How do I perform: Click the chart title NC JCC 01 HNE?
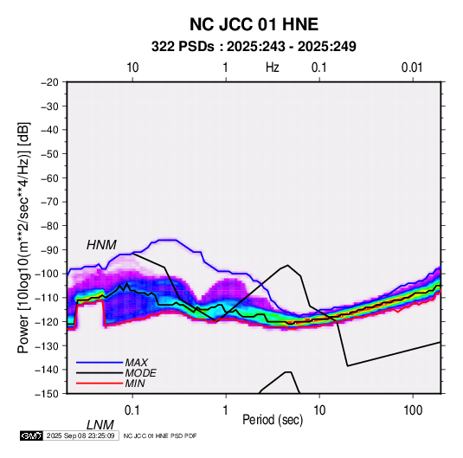(254, 24)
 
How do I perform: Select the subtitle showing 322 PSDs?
(254, 47)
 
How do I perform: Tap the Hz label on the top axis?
(273, 68)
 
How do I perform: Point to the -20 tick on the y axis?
(49, 82)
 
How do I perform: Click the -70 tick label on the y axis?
(49, 202)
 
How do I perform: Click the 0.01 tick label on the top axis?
(412, 68)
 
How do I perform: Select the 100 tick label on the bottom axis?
(413, 410)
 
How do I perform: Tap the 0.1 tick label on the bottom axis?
(132, 410)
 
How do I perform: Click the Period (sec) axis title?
(273, 420)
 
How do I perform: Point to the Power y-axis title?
(23, 238)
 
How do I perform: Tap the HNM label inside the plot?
(101, 245)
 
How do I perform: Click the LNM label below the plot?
(100, 425)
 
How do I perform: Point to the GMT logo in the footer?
(31, 435)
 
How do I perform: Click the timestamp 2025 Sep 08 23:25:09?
(80, 435)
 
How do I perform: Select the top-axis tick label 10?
(132, 68)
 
